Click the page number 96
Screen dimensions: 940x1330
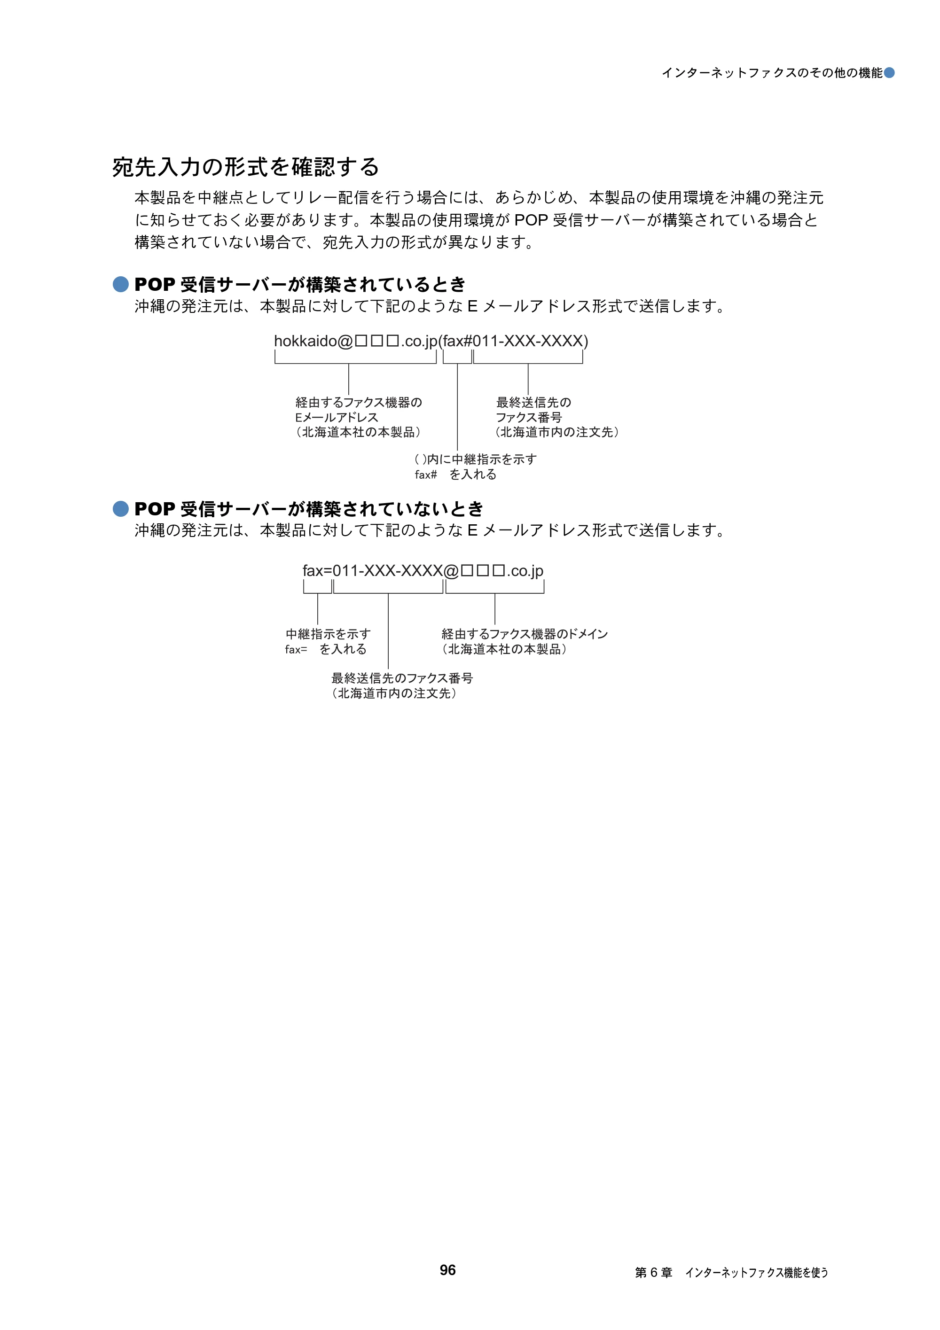[x=447, y=1270]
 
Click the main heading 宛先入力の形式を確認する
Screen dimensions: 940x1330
[x=246, y=167]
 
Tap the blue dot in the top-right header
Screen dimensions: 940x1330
[x=889, y=72]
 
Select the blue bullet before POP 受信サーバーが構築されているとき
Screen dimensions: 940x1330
[x=120, y=284]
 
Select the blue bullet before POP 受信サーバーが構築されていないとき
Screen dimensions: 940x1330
[x=120, y=509]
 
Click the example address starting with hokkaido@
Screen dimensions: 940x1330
[x=431, y=341]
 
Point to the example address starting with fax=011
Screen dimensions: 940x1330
[x=423, y=571]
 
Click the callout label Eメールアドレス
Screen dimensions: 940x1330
[x=337, y=417]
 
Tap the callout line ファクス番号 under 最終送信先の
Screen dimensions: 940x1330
[x=529, y=417]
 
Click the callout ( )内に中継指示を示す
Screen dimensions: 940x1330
[x=476, y=459]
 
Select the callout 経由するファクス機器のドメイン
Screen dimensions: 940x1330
[x=525, y=634]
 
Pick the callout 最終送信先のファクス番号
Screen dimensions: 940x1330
[x=402, y=678]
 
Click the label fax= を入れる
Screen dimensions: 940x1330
[x=326, y=649]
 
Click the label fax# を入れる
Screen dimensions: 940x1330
[x=455, y=474]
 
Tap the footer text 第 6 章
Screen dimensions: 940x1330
[x=653, y=1272]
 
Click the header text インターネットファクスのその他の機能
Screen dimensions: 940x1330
[x=772, y=72]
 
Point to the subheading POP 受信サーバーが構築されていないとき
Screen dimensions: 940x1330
[x=309, y=509]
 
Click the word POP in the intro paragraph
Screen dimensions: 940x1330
[x=531, y=220]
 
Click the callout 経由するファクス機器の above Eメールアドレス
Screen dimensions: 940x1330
[x=359, y=402]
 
